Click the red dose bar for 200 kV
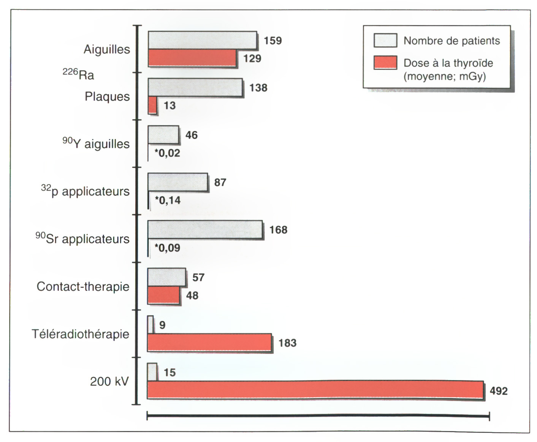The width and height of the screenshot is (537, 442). click(x=315, y=390)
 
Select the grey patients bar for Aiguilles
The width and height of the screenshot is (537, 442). click(x=202, y=40)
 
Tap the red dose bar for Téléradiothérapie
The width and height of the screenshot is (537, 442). click(x=209, y=343)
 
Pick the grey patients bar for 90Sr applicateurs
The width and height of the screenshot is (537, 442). click(x=205, y=230)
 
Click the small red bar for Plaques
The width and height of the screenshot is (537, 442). click(x=152, y=105)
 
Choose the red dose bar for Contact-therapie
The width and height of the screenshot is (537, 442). click(x=163, y=295)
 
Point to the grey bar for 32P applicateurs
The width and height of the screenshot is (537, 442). click(x=177, y=182)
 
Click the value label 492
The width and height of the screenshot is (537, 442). click(x=499, y=391)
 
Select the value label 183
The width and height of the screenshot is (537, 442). click(x=287, y=343)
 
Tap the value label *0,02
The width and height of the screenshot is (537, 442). click(x=167, y=153)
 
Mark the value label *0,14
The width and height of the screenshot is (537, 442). click(x=167, y=200)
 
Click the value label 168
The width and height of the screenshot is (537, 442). click(x=278, y=230)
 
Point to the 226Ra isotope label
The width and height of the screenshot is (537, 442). click(x=78, y=74)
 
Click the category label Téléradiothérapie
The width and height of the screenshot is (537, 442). click(x=81, y=334)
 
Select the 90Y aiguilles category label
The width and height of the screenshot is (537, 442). click(x=96, y=144)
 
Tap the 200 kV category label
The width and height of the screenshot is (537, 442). click(x=109, y=381)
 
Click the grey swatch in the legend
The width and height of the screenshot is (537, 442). click(x=385, y=40)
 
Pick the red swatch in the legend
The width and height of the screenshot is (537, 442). click(x=385, y=63)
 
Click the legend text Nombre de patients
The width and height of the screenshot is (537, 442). click(x=451, y=41)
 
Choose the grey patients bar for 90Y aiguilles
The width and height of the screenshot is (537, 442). click(x=163, y=135)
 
